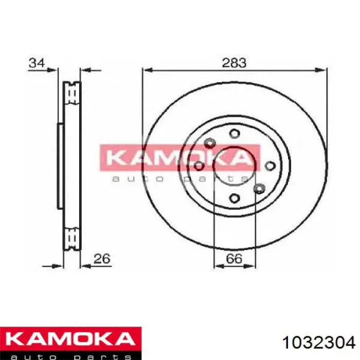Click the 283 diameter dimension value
[x=234, y=63]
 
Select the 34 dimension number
[x=36, y=63]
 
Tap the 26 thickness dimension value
[x=103, y=258]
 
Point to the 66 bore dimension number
[x=234, y=258]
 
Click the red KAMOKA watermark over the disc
[x=179, y=157]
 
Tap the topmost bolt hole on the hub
[x=235, y=134]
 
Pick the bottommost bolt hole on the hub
[x=235, y=198]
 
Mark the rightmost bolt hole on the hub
[x=269, y=166]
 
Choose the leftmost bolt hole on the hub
[x=199, y=166]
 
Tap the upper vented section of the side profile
[x=72, y=94]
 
